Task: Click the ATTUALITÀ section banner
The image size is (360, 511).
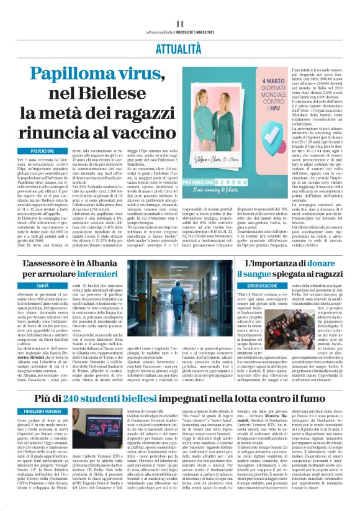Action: pos(179,46)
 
